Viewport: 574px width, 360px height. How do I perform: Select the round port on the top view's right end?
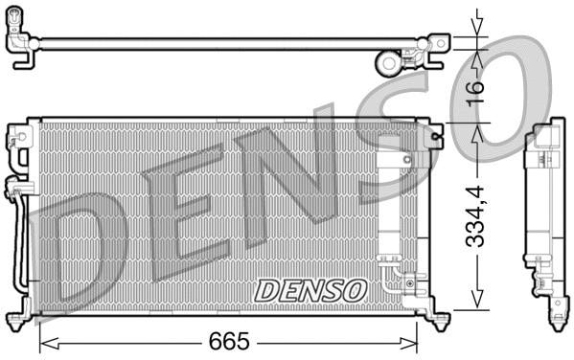click(387, 63)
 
